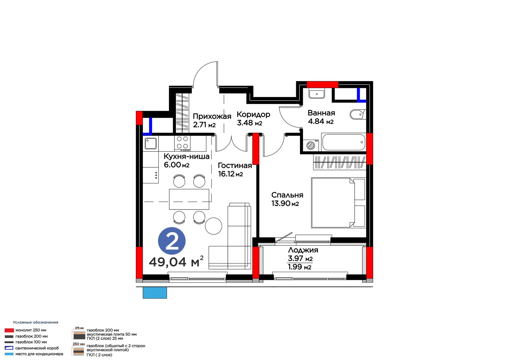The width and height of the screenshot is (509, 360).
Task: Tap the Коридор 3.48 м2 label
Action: coord(253,118)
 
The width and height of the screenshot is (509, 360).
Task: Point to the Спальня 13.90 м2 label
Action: coord(287,199)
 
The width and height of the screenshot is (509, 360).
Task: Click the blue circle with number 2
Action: coord(172,241)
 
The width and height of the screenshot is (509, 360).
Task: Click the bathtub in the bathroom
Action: coord(343,142)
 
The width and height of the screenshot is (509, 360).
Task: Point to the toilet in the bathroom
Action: coord(358,114)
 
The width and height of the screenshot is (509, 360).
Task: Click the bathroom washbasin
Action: coord(317,93)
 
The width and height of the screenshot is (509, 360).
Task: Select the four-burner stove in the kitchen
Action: coord(183,144)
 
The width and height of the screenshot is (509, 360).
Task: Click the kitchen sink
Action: coord(151,144)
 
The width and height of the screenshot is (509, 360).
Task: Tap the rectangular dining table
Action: coord(189,199)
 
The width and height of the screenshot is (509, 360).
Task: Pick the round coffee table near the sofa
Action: coord(213,226)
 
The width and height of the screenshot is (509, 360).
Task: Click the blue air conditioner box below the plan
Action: coord(155,293)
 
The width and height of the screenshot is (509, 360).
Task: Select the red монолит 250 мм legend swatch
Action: coord(9,330)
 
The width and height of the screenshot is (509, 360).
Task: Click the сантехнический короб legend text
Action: coord(37,348)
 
